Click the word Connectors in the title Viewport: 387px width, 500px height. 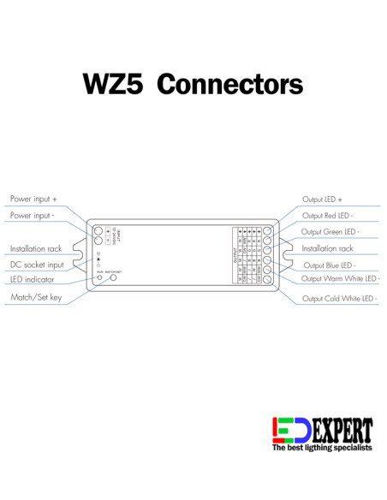click(230, 84)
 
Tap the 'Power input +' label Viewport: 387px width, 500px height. click(33, 199)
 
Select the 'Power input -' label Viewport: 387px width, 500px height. click(33, 215)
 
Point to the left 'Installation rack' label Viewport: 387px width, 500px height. click(36, 248)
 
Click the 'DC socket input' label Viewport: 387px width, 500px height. click(37, 265)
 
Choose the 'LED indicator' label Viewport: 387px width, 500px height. click(33, 280)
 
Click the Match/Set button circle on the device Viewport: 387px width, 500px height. click(112, 277)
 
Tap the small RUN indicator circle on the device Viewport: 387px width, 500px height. click(100, 278)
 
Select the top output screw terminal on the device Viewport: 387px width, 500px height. click(267, 231)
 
